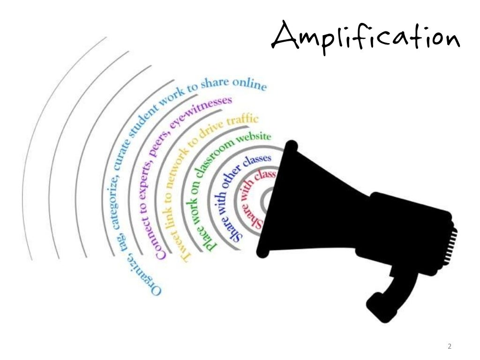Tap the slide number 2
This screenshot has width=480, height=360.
[x=450, y=347]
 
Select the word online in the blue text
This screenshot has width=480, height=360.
[x=251, y=85]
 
